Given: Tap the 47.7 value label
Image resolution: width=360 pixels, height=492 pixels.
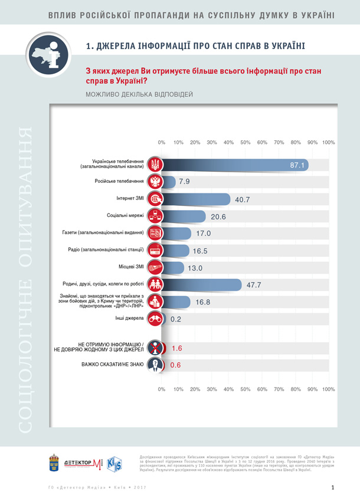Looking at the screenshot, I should tap(254, 285).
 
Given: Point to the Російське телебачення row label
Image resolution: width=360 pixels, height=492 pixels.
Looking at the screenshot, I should tap(119, 182).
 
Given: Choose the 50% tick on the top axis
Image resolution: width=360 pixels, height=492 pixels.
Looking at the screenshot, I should tap(246, 143).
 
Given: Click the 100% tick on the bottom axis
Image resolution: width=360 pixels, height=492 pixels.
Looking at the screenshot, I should tap(329, 389).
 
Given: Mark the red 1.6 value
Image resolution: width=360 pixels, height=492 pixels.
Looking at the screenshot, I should tap(176, 348).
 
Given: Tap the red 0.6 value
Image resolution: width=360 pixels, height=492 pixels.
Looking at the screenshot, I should tap(175, 365).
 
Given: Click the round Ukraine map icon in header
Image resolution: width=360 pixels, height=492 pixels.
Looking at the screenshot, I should tap(51, 55).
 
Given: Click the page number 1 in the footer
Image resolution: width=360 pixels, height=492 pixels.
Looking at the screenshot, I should tap(333, 487).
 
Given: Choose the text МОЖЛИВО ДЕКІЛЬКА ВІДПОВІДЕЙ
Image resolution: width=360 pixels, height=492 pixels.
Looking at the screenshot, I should tap(139, 94).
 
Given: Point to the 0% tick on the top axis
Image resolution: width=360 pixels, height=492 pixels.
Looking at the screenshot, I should tap(162, 143).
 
